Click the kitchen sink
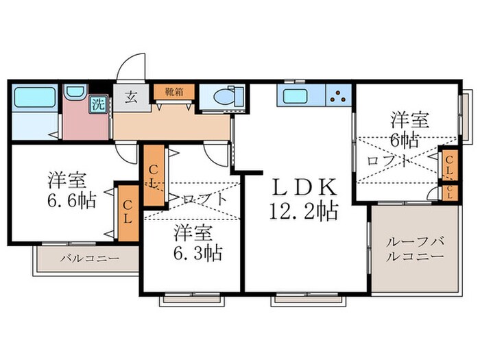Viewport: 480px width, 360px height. coord(296,95)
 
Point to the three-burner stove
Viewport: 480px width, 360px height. coord(339,96)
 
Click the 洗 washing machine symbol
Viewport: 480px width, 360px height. coord(99,106)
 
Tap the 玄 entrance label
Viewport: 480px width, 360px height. coord(130,96)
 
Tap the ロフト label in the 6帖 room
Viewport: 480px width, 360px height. coord(390,162)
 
